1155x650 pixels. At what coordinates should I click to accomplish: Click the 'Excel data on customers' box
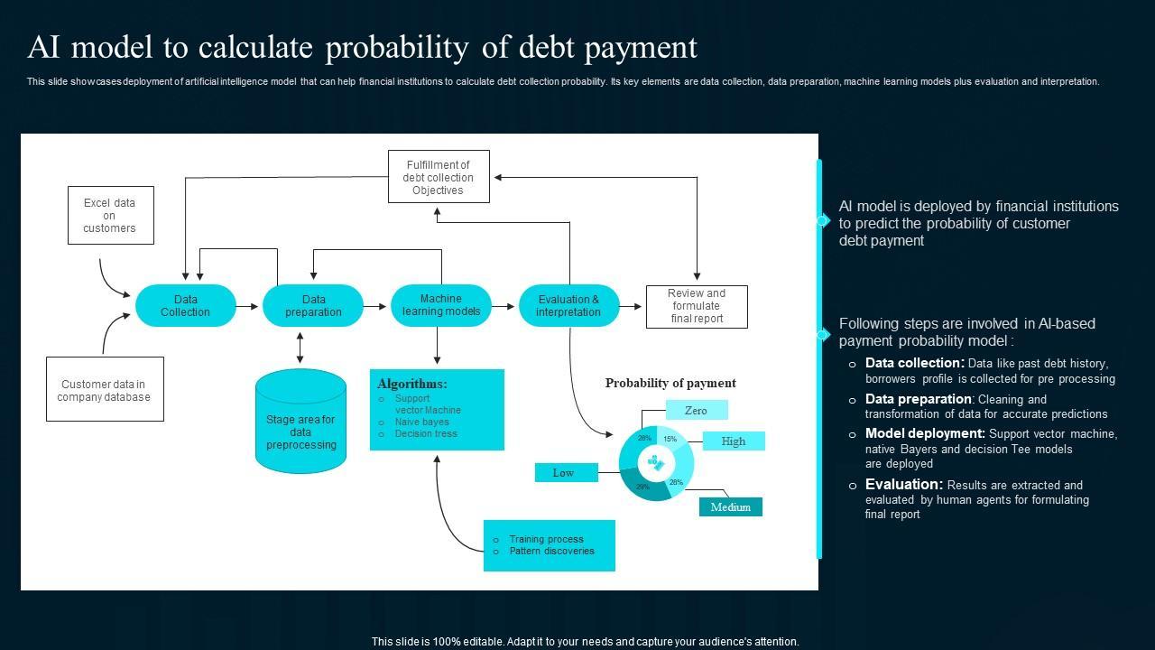click(x=110, y=216)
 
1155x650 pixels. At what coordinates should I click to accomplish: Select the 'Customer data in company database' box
click(x=105, y=390)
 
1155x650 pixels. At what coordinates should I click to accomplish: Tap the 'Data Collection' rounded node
click(x=185, y=306)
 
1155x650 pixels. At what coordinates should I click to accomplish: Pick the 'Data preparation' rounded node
click(x=313, y=306)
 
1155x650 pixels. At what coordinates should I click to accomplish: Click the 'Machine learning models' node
click(x=441, y=305)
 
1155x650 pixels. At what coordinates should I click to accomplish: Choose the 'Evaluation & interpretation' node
click(x=568, y=306)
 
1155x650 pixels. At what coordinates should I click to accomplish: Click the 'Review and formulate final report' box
click(x=697, y=306)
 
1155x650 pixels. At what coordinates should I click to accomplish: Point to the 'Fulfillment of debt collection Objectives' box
click(x=439, y=177)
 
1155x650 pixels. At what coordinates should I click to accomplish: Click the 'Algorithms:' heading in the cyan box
click(x=411, y=384)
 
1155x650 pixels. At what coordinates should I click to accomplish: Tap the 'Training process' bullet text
click(x=546, y=539)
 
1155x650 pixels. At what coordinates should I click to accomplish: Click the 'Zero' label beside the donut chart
click(x=696, y=411)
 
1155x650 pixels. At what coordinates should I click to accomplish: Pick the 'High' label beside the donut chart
click(x=734, y=441)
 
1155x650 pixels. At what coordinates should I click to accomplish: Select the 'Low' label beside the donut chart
click(x=564, y=472)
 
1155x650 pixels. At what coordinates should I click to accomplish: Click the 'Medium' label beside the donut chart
click(x=731, y=506)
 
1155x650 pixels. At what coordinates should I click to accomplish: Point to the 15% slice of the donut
click(x=670, y=440)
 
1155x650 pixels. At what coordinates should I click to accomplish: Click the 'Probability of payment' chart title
click(x=670, y=383)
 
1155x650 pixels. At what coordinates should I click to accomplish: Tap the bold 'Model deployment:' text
click(x=925, y=433)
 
